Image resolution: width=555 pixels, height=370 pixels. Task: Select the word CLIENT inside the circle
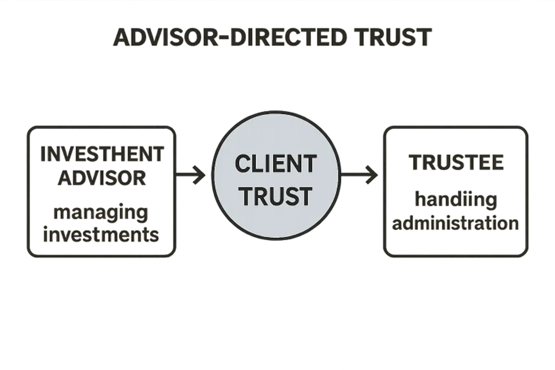276,164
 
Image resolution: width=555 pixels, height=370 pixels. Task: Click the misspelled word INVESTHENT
102,154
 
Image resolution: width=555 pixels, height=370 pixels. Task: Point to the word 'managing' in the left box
101,214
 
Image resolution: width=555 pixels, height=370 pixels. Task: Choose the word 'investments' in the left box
101,235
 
